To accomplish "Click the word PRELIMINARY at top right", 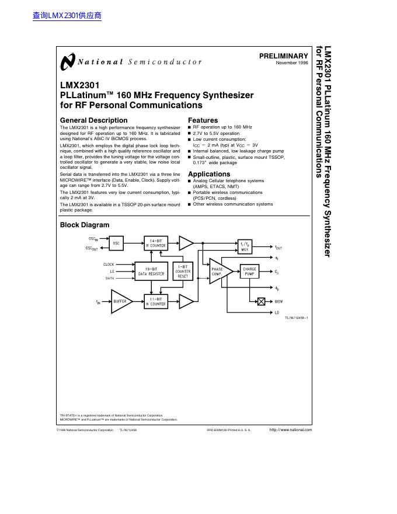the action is point(283,56).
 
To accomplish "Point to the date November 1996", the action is point(292,62).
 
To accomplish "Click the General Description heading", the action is point(93,120).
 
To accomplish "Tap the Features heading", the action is point(203,120).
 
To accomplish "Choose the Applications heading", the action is point(209,174).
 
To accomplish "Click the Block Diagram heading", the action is point(85,225).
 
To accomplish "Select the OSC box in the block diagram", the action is point(117,243).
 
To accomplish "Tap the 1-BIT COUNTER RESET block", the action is point(183,271).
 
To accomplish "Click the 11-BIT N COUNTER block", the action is point(156,301).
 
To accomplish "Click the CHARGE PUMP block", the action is point(249,271).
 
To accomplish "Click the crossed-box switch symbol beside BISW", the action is point(261,301).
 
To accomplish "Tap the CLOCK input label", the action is point(109,264).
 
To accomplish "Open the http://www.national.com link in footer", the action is point(290,430).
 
